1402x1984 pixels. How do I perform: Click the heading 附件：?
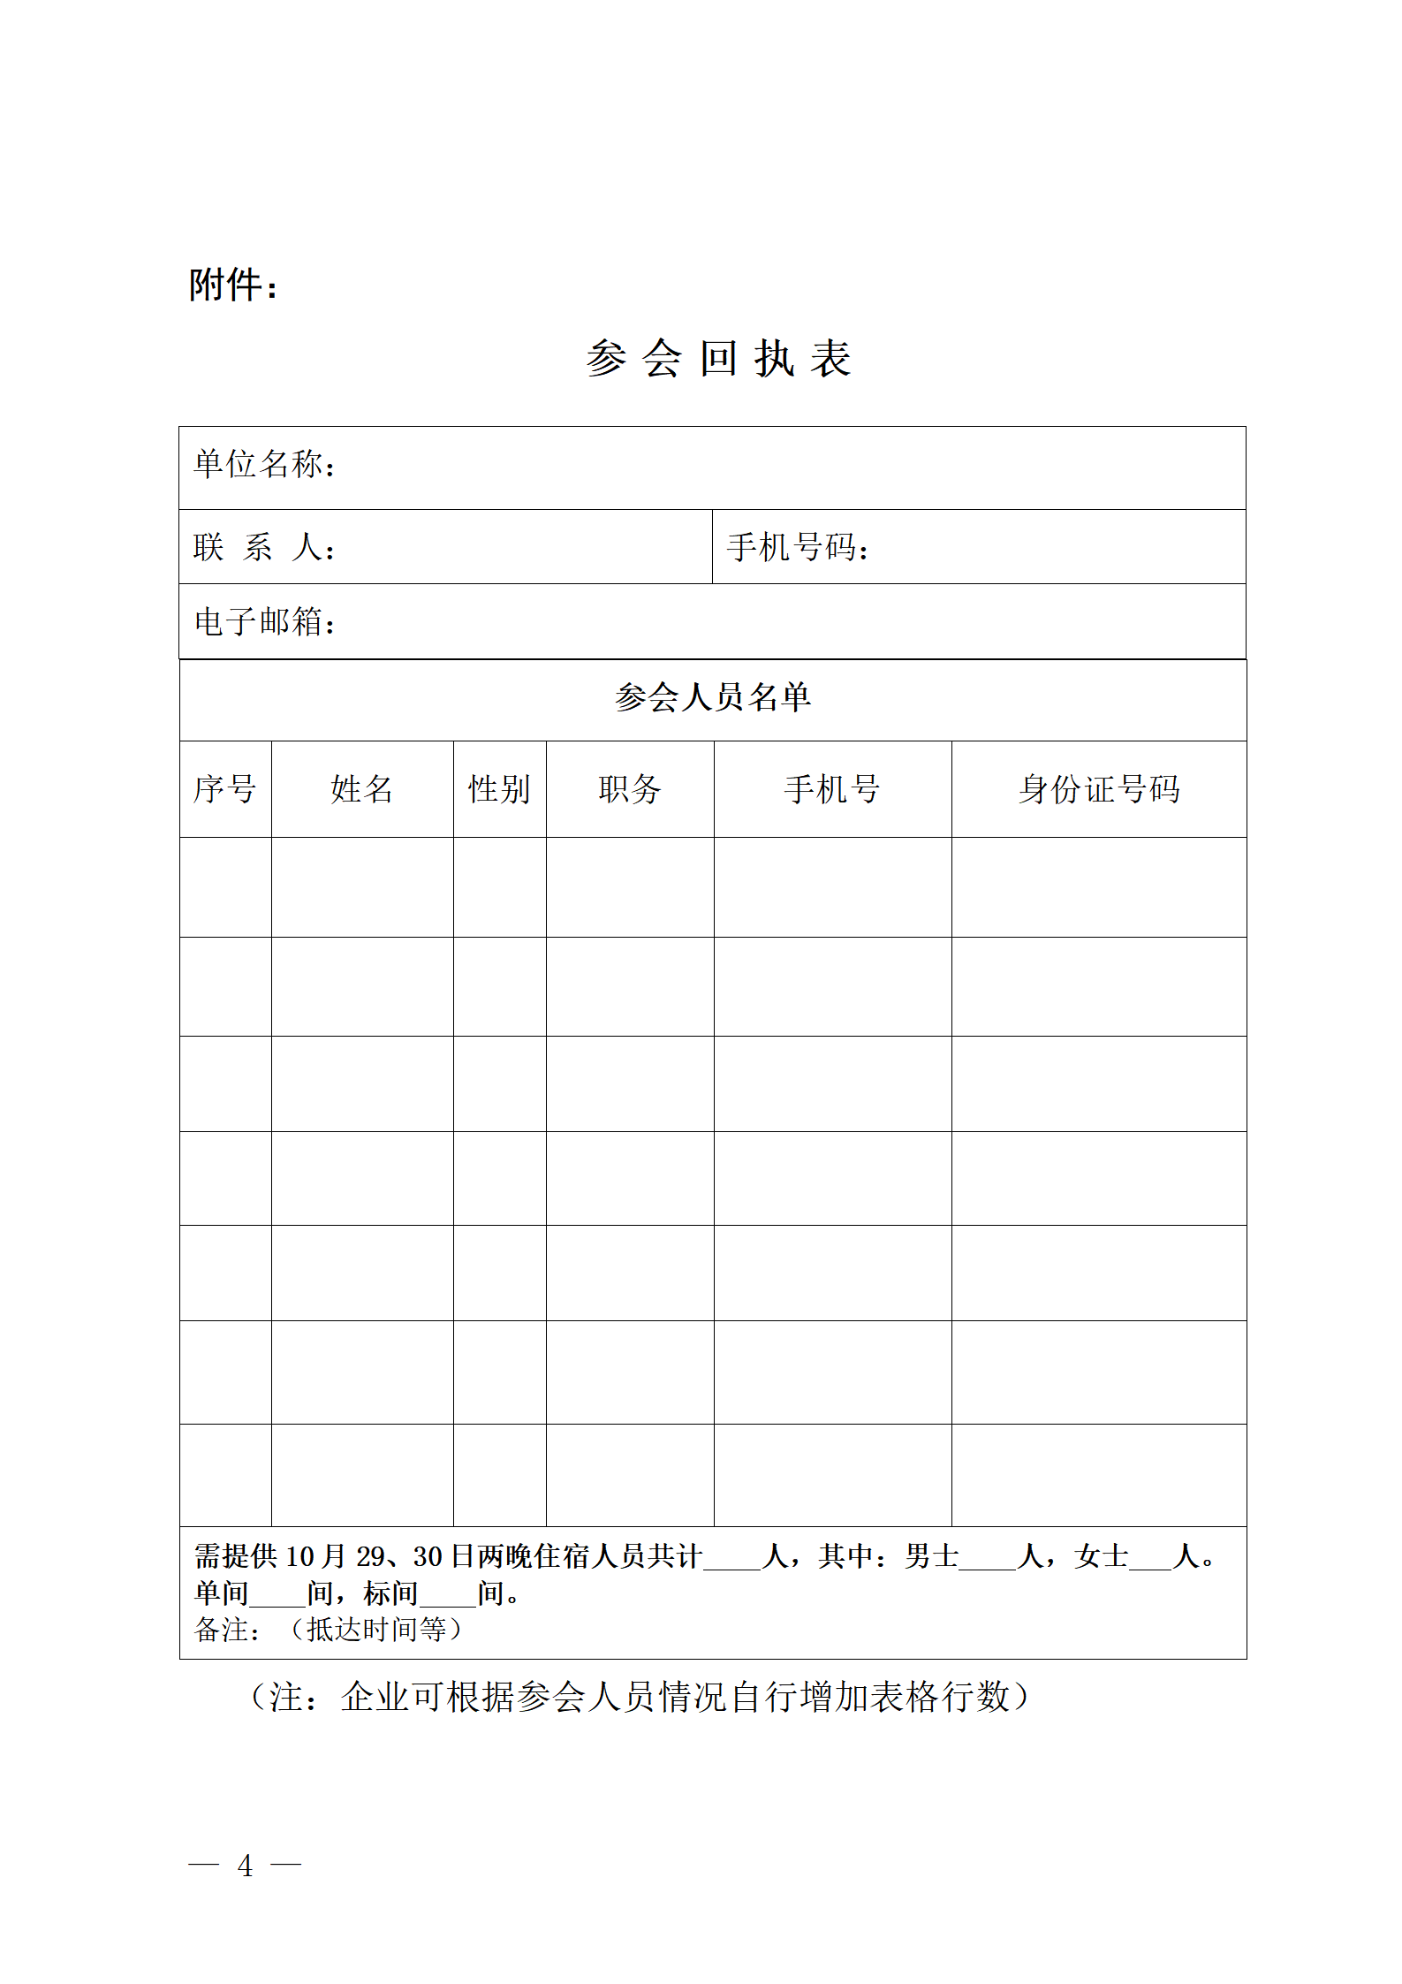point(233,285)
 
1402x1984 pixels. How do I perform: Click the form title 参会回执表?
point(717,359)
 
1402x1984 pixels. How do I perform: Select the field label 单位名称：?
point(265,465)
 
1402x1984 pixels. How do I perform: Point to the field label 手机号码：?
point(798,548)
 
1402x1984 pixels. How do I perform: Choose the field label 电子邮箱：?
point(265,622)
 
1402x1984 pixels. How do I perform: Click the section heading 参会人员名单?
point(713,697)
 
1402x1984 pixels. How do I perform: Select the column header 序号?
point(224,789)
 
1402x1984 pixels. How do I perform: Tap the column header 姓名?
point(361,789)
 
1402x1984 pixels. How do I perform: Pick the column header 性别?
point(499,789)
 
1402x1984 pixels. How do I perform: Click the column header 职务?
point(629,789)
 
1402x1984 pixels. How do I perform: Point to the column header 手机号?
point(832,789)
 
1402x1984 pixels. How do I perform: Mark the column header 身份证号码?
point(1099,789)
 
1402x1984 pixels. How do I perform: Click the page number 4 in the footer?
point(245,1866)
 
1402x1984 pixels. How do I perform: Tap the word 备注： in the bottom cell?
point(228,1630)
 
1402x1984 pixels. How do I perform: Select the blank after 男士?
point(987,1559)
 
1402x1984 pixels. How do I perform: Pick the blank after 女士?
point(1150,1559)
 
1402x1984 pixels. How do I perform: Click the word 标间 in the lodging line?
point(390,1593)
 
